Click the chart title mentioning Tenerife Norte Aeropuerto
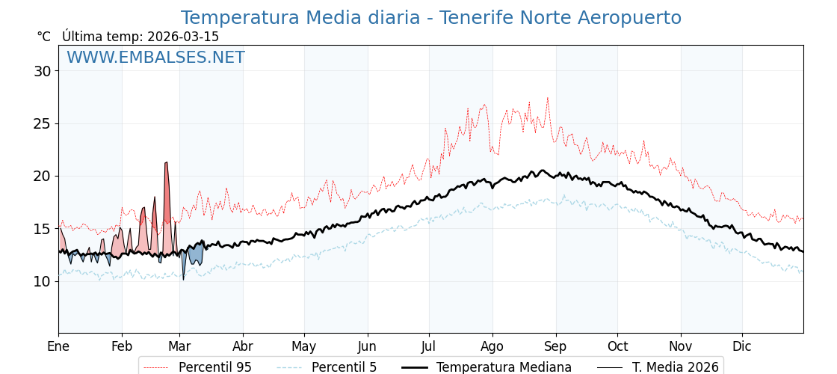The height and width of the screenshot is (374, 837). (430, 18)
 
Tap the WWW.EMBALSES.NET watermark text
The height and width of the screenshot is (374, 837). (155, 58)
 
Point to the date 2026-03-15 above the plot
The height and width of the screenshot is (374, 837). (183, 37)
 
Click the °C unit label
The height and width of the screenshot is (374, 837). (43, 37)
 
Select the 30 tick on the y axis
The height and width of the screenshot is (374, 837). (42, 71)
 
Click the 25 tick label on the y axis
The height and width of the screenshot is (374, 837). (42, 123)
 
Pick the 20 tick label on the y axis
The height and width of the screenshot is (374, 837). (42, 177)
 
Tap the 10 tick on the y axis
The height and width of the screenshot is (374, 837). (42, 281)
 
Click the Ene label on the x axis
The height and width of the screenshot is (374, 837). (58, 347)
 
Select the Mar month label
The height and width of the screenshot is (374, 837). (179, 347)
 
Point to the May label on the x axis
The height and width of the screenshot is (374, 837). (304, 347)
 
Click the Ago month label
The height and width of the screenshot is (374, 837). (492, 347)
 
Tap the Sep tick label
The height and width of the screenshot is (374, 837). (555, 347)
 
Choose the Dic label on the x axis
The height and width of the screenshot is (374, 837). (742, 347)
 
